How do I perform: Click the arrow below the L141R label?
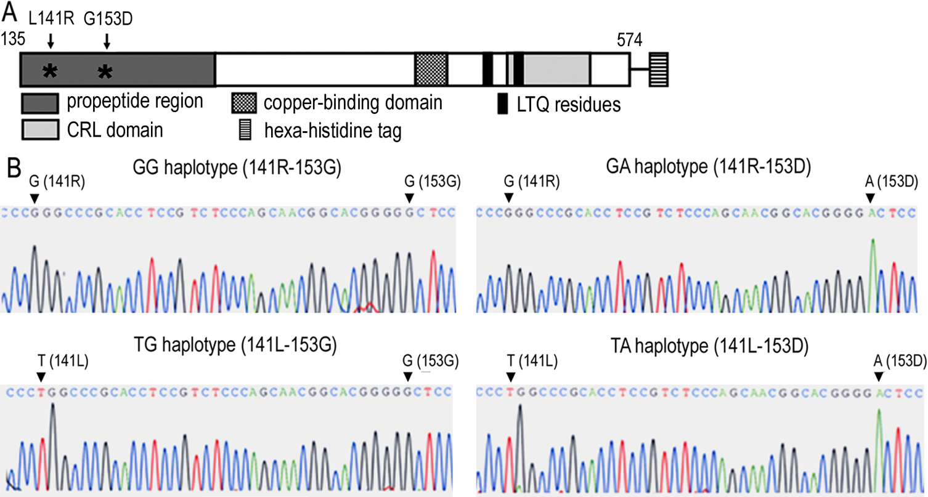[51, 41]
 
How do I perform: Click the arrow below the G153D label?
[107, 41]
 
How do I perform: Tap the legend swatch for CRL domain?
[40, 130]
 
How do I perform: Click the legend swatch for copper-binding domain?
[245, 103]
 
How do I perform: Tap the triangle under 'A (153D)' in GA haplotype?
[870, 198]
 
